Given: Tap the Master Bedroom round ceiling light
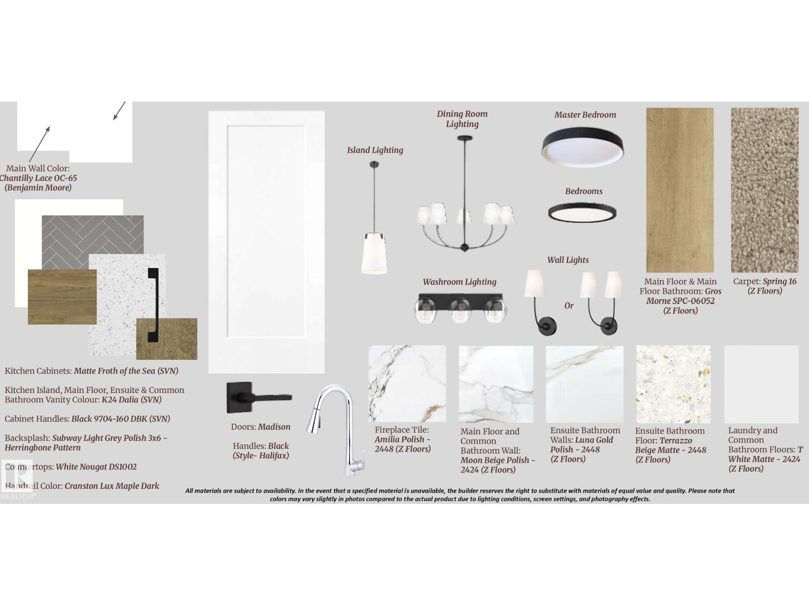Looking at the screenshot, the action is (x=582, y=147).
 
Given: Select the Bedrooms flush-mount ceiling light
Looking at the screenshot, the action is (x=582, y=213).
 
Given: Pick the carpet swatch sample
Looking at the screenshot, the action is (x=765, y=190).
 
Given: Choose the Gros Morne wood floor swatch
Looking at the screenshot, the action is (x=680, y=190).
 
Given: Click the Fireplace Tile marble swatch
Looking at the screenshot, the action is (x=407, y=384).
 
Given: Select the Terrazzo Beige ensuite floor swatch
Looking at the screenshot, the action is (x=673, y=384).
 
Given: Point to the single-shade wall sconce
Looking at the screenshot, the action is (x=540, y=302).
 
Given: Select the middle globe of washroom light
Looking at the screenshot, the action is (x=460, y=310).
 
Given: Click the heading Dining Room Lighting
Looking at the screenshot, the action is (x=462, y=119).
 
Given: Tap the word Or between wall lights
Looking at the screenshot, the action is (x=569, y=306).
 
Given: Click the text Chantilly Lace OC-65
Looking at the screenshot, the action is (x=38, y=178).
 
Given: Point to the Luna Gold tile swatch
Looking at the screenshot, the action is (x=585, y=384).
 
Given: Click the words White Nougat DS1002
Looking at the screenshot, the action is (x=96, y=467).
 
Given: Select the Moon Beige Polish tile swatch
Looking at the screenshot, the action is (x=496, y=384).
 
